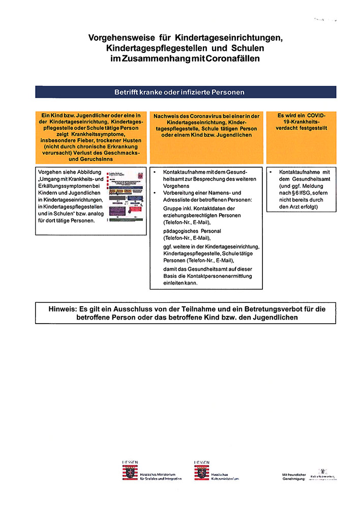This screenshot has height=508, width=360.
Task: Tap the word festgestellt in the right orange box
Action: tap(314, 129)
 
